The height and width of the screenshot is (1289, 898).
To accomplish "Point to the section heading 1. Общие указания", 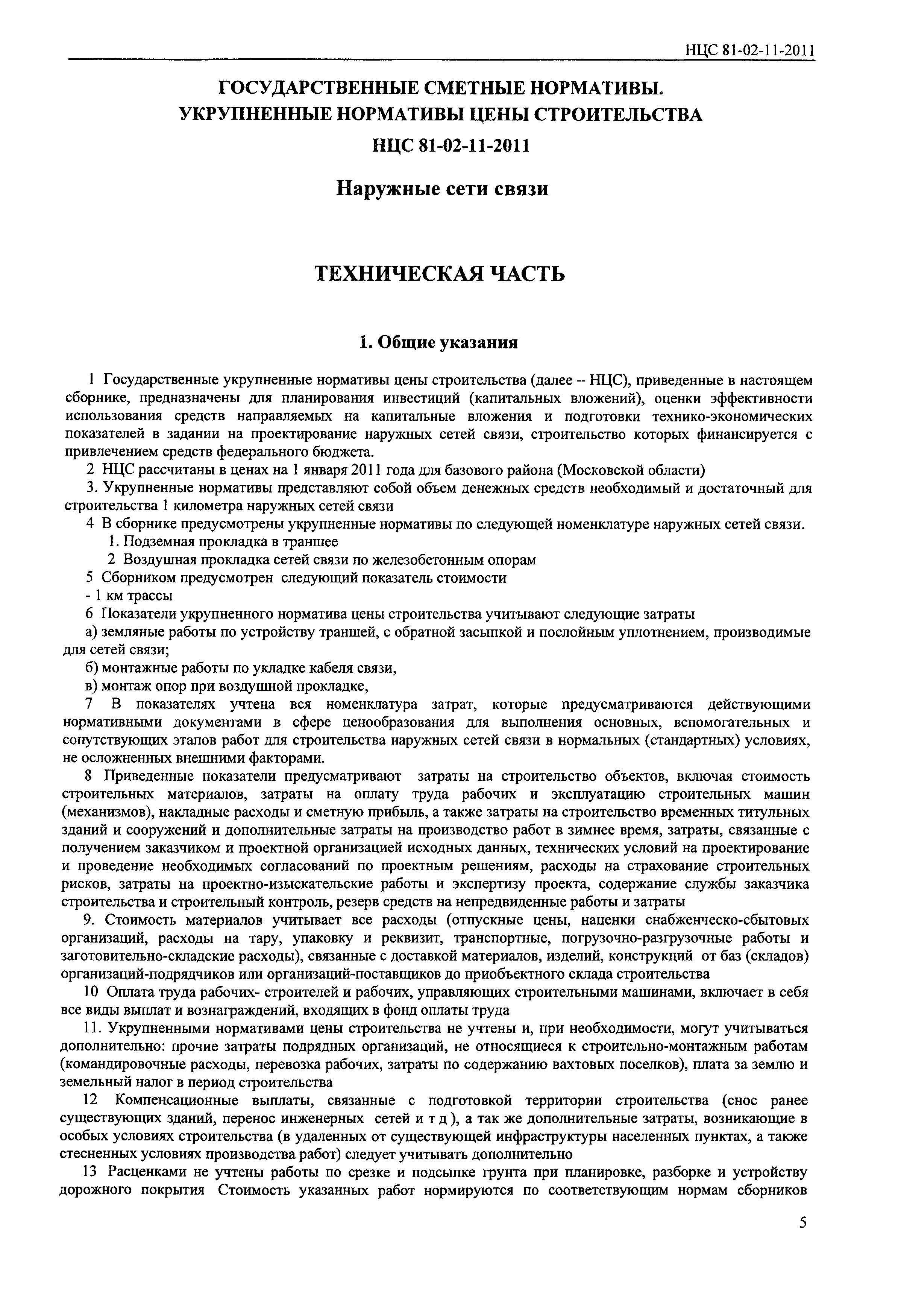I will [438, 342].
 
